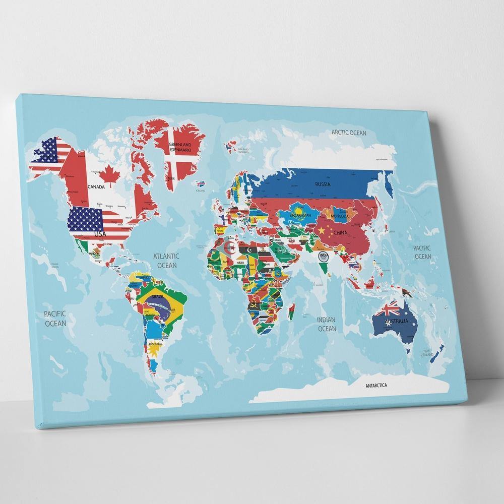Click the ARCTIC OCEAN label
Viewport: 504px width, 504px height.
(x=349, y=133)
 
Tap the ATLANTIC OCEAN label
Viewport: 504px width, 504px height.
(x=167, y=261)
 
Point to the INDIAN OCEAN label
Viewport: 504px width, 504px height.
(x=326, y=324)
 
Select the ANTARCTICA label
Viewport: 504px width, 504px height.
(x=376, y=386)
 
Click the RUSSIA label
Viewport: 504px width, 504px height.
(x=323, y=184)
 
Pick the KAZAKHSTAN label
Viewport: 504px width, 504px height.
(x=301, y=215)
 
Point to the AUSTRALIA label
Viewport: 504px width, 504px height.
(x=396, y=322)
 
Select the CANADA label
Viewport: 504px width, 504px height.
(x=96, y=186)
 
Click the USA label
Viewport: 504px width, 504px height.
(x=100, y=234)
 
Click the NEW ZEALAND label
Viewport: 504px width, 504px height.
(x=428, y=352)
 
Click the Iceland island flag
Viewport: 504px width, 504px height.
(x=201, y=184)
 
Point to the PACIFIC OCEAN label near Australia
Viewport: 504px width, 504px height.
(x=423, y=252)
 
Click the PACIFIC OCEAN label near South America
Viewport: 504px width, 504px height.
(x=55, y=319)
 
